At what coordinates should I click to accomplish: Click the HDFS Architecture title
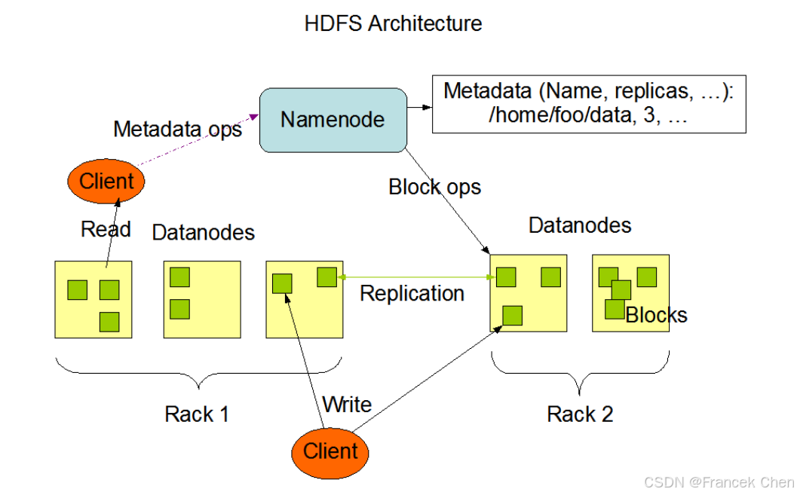(x=393, y=23)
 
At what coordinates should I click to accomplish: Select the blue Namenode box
(x=333, y=119)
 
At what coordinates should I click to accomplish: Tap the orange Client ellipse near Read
(x=106, y=181)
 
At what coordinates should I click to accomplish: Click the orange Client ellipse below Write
(x=330, y=451)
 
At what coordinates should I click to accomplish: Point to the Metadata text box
(x=588, y=104)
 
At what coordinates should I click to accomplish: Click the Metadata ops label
(x=177, y=129)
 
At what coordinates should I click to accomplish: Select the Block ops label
(x=434, y=186)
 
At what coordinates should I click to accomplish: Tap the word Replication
(x=412, y=293)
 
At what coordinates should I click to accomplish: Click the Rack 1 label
(x=197, y=414)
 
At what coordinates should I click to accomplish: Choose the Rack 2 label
(x=580, y=414)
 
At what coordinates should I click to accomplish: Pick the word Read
(x=106, y=229)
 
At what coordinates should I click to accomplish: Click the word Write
(x=347, y=405)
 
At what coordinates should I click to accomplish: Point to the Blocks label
(x=656, y=315)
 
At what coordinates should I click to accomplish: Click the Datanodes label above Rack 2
(x=580, y=225)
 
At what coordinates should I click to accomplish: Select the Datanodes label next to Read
(x=204, y=232)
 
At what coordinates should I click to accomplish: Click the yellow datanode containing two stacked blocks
(x=202, y=299)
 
